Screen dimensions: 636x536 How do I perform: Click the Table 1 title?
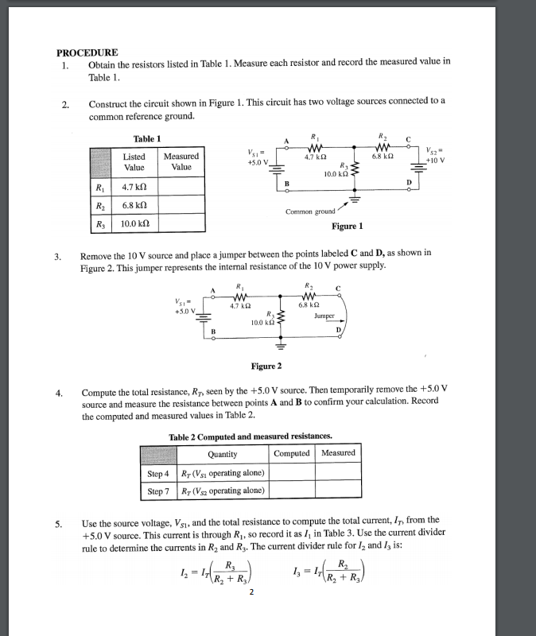pos(147,138)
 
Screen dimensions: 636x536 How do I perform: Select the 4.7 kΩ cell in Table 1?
pos(132,188)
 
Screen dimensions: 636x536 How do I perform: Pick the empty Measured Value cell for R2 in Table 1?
pos(181,205)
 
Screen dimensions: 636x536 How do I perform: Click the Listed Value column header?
pos(134,162)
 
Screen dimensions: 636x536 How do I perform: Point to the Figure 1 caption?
pos(347,226)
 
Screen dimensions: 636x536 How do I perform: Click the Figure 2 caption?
pos(266,366)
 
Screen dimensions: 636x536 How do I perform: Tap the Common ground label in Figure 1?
pos(310,211)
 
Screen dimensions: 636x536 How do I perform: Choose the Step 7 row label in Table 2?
pos(157,491)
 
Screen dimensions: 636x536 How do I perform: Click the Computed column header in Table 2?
pos(291,453)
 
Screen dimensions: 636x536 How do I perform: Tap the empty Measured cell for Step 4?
pos(338,473)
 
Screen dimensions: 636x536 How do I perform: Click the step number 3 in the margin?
pos(57,256)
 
